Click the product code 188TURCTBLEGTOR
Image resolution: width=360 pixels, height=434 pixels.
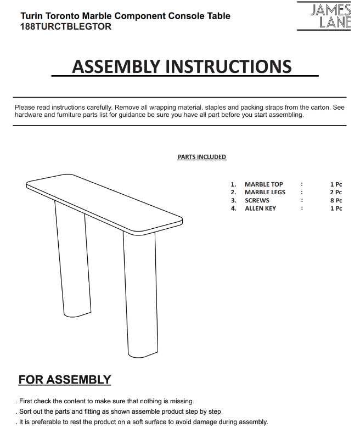coord(65,26)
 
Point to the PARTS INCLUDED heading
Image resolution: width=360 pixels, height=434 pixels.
coord(201,157)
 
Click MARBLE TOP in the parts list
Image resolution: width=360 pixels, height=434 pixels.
coord(264,184)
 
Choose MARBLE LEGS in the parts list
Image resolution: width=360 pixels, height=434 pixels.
coord(265,193)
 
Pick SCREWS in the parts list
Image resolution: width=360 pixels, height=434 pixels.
coord(257,200)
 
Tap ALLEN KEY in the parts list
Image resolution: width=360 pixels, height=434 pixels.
coord(260,208)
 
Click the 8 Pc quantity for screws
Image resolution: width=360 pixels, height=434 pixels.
coord(336,200)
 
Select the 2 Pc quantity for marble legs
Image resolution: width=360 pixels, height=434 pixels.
coord(336,193)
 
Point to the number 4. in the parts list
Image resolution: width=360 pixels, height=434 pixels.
coord(233,208)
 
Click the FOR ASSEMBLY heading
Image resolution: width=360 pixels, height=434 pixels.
coord(65,380)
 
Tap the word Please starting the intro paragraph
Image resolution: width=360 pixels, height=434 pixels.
coord(25,108)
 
